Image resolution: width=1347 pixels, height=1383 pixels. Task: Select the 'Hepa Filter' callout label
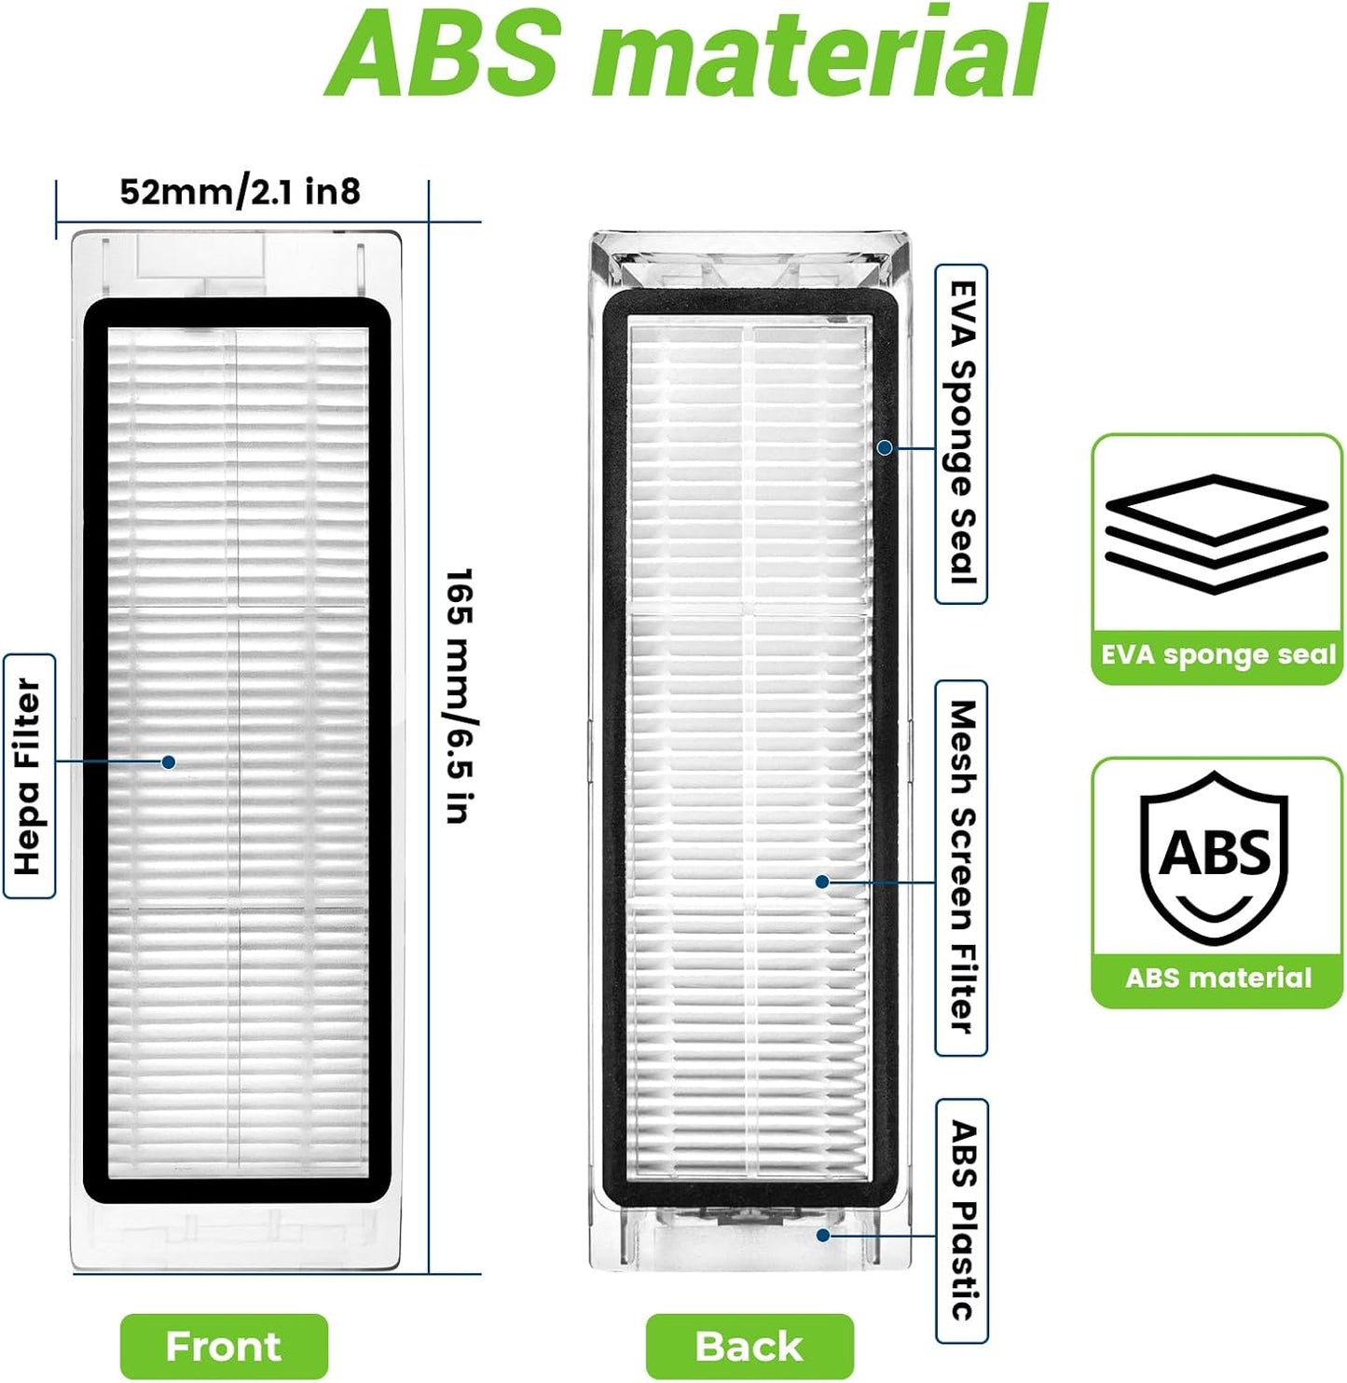pyautogui.click(x=29, y=776)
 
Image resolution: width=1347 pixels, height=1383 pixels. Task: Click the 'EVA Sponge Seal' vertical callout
pyautogui.click(x=961, y=433)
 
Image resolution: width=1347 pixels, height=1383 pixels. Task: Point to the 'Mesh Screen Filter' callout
pyautogui.click(x=961, y=868)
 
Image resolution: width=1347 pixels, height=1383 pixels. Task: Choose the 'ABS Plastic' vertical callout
pyautogui.click(x=961, y=1220)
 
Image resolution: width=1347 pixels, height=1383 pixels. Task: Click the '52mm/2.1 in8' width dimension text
pyautogui.click(x=241, y=192)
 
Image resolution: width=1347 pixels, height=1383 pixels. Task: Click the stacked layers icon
pyautogui.click(x=1216, y=534)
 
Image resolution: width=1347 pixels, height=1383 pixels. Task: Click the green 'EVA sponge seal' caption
pyautogui.click(x=1217, y=654)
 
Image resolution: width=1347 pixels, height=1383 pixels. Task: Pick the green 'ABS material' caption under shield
pyautogui.click(x=1217, y=978)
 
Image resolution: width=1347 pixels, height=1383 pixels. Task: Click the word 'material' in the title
pyautogui.click(x=818, y=53)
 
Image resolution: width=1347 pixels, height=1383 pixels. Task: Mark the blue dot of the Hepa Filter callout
pyautogui.click(x=169, y=761)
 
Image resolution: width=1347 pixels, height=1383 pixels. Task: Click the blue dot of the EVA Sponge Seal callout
pyautogui.click(x=885, y=447)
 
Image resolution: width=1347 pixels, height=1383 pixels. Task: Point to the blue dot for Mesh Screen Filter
pyautogui.click(x=822, y=882)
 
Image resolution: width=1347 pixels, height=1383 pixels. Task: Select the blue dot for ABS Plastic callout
pyautogui.click(x=823, y=1235)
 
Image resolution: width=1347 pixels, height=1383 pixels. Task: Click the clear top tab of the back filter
pyautogui.click(x=749, y=259)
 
